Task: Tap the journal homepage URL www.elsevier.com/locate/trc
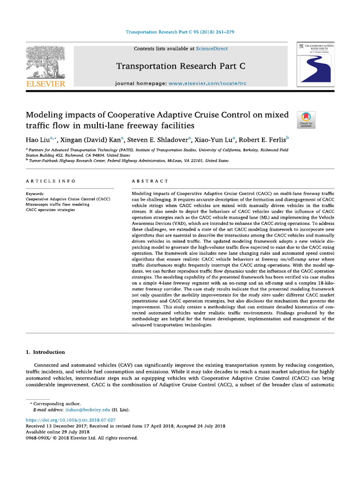(207, 83)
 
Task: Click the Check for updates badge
(307, 120)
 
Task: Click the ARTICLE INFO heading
(50, 181)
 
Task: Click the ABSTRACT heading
(150, 181)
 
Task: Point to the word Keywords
(35, 194)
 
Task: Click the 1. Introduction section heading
(45, 352)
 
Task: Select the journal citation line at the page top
(180, 32)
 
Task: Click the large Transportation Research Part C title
(180, 67)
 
